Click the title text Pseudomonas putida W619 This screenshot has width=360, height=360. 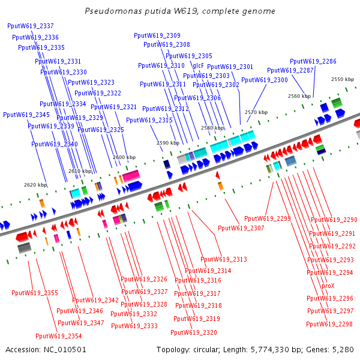[x=180, y=11]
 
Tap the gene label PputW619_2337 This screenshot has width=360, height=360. [x=31, y=26]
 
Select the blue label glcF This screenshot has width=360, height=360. [x=198, y=65]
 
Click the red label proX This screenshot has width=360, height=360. [x=328, y=286]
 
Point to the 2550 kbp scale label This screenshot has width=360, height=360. [x=343, y=79]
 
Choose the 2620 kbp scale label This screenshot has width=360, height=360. [x=35, y=185]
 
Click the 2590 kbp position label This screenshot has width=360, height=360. [x=168, y=143]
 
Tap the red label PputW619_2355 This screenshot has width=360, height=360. [x=35, y=293]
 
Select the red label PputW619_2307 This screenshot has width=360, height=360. [x=241, y=228]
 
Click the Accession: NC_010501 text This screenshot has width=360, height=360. [x=46, y=349]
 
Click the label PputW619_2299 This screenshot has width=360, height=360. [x=268, y=218]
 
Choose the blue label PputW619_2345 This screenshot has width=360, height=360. [x=26, y=115]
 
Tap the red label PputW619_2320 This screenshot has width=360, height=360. [x=194, y=332]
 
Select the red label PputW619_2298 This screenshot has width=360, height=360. [x=329, y=324]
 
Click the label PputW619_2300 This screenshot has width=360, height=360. [x=265, y=80]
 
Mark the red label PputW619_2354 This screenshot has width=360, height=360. [x=59, y=336]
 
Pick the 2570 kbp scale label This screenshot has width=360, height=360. [x=256, y=112]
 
